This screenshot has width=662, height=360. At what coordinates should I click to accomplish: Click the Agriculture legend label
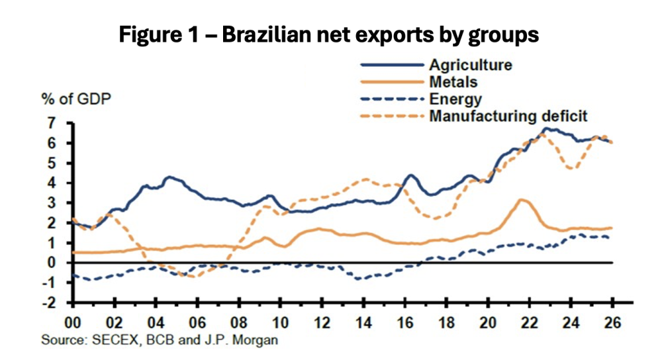coord(471,65)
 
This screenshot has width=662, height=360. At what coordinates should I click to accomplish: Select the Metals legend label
coord(453,82)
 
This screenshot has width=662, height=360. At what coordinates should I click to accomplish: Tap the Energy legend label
coord(455,99)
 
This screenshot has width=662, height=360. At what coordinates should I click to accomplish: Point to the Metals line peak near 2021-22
coord(522,199)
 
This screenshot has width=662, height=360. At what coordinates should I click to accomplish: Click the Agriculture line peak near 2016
coord(410,175)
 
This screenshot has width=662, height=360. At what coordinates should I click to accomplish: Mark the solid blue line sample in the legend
coord(391,65)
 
